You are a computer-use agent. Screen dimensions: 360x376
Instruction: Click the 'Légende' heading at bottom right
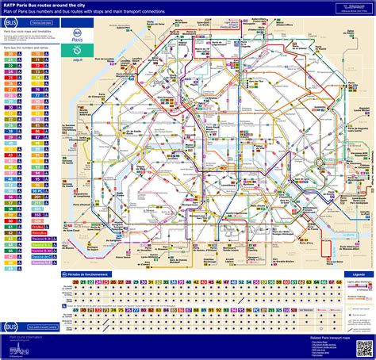359,274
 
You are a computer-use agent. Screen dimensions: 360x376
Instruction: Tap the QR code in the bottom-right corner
364,347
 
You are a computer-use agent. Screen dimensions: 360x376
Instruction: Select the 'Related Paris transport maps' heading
316,336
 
